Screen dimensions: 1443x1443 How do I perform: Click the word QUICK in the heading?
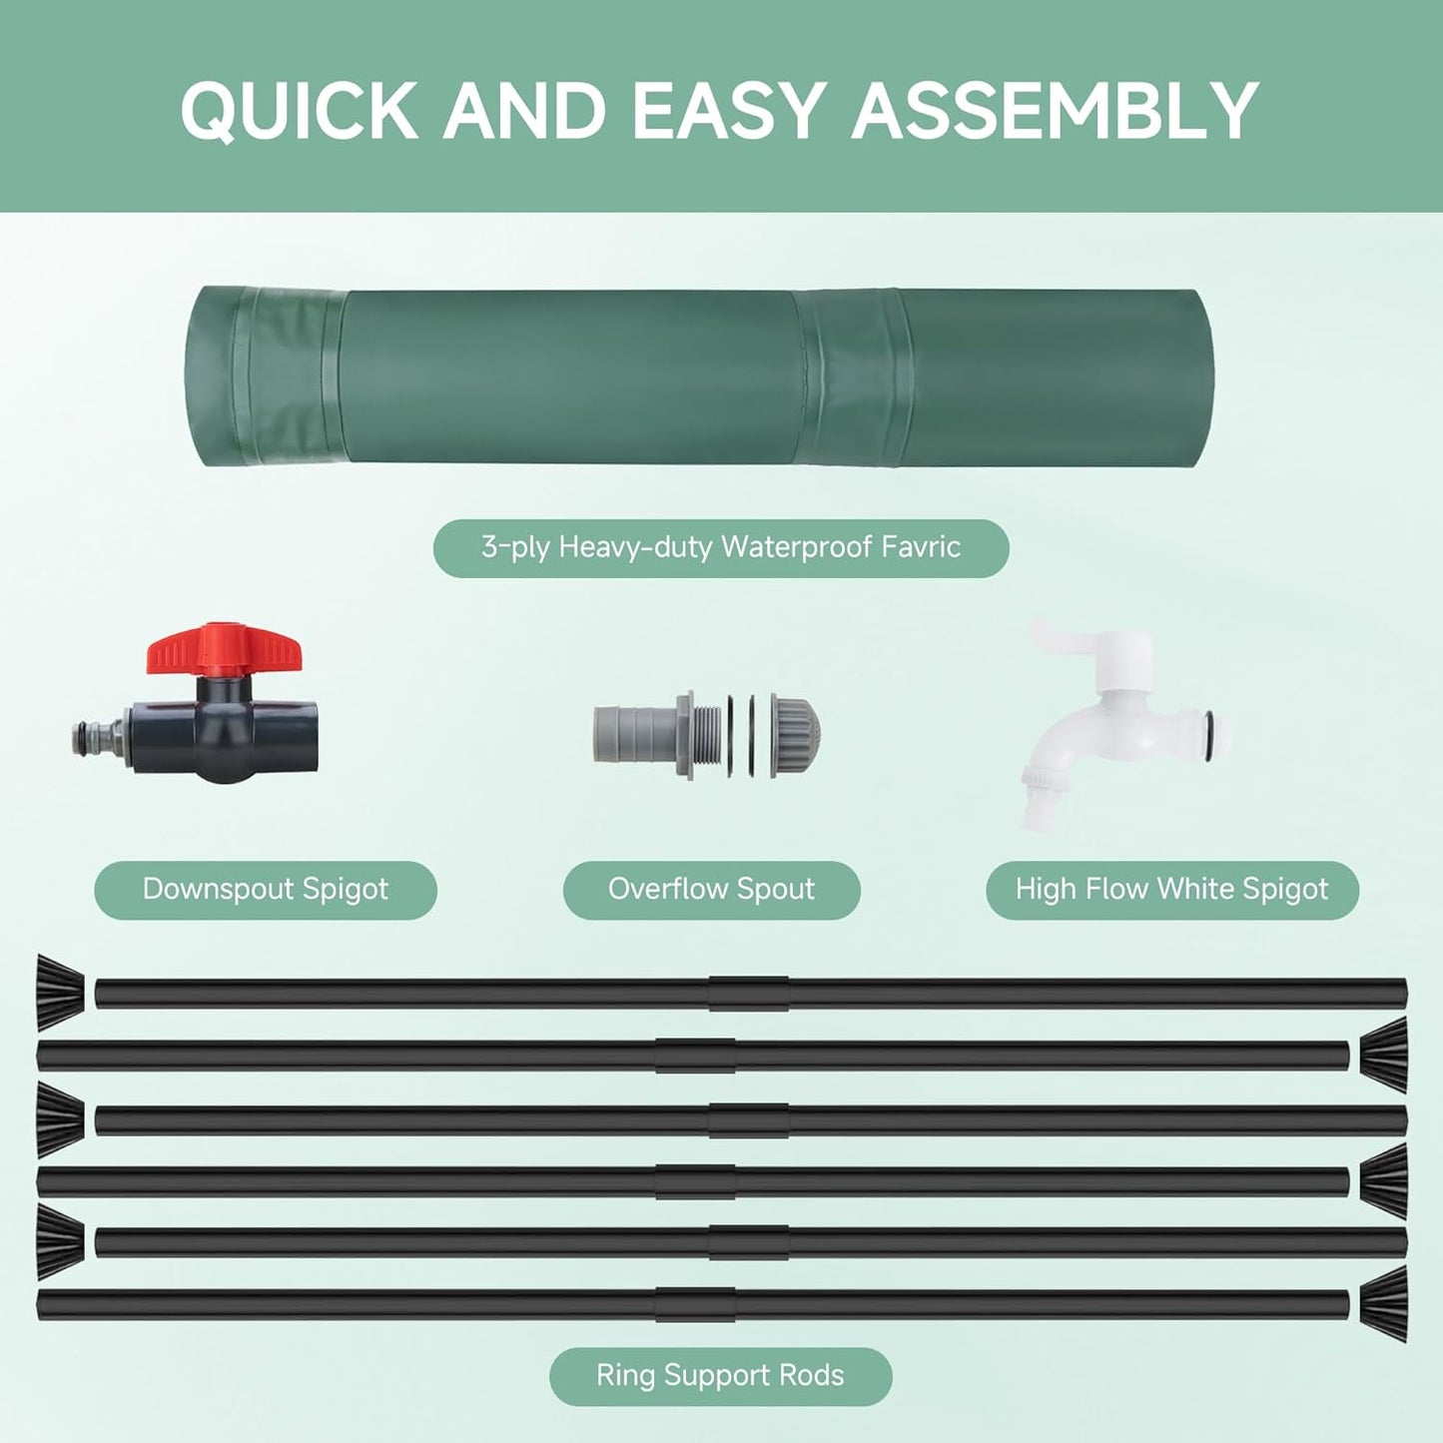300,110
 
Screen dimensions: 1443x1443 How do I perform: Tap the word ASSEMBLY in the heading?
1055,110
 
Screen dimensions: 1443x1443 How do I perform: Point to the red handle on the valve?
224,649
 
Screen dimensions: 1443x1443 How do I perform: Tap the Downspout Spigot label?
266,890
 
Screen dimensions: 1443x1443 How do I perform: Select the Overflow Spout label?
711,890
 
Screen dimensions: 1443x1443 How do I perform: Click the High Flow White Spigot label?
1171,890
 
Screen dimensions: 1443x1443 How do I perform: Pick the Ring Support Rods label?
720,1376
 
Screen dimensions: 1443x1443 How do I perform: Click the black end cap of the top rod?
60,992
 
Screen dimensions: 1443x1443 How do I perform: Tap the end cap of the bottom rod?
1384,1303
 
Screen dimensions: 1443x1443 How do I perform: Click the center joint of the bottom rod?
695,1304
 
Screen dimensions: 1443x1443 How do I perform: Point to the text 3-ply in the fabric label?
514,547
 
